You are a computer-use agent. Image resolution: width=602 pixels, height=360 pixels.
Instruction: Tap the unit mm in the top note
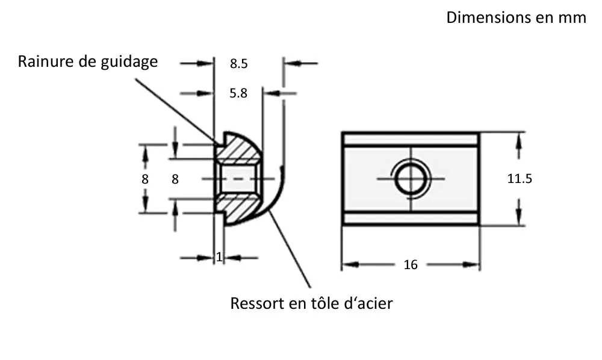pyautogui.click(x=572, y=17)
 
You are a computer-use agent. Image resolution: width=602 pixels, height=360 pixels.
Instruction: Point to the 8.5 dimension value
pyautogui.click(x=239, y=63)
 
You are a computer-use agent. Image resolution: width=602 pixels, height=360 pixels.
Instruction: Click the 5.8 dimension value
pyautogui.click(x=239, y=93)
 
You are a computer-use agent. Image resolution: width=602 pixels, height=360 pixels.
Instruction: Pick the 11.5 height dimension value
pyautogui.click(x=520, y=179)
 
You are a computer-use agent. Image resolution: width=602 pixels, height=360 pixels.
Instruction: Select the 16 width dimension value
pyautogui.click(x=411, y=265)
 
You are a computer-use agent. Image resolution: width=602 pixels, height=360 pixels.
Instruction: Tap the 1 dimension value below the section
pyautogui.click(x=219, y=257)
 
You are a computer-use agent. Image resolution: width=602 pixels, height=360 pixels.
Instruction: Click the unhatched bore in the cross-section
pyautogui.click(x=238, y=179)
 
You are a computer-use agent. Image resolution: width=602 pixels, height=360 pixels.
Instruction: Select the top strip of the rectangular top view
pyautogui.click(x=411, y=139)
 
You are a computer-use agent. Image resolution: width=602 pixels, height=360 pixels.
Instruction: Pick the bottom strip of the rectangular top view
pyautogui.click(x=411, y=219)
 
